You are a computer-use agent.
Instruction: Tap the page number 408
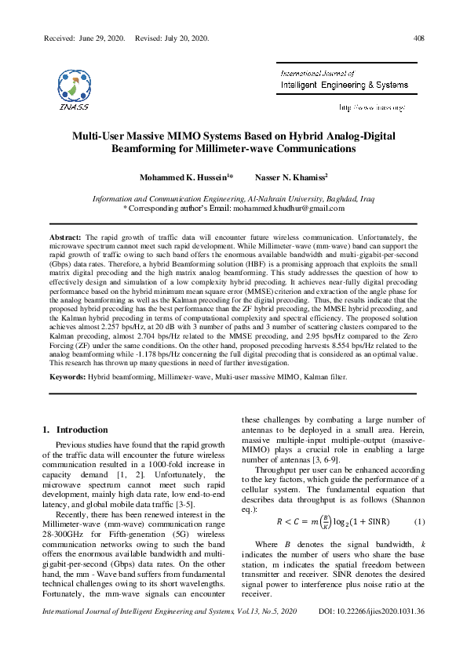[x=418, y=38]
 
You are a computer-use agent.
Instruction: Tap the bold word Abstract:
[x=65, y=236]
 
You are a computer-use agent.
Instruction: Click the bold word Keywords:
[x=67, y=377]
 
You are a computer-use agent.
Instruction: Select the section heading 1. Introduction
[x=75, y=430]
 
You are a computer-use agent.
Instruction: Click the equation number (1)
[x=419, y=522]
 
